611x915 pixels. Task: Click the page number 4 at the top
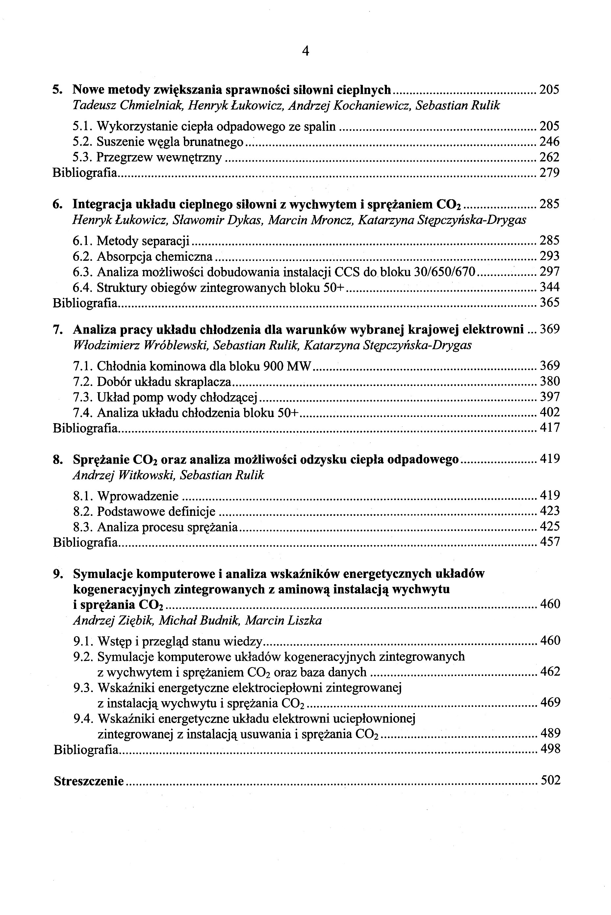pyautogui.click(x=305, y=51)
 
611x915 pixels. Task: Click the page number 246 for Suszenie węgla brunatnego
pyautogui.click(x=549, y=142)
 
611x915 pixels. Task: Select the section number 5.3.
pyautogui.click(x=82, y=157)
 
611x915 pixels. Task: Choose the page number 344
pyautogui.click(x=549, y=287)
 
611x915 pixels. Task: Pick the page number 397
pyautogui.click(x=549, y=397)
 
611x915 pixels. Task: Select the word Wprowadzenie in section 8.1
pyautogui.click(x=138, y=496)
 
